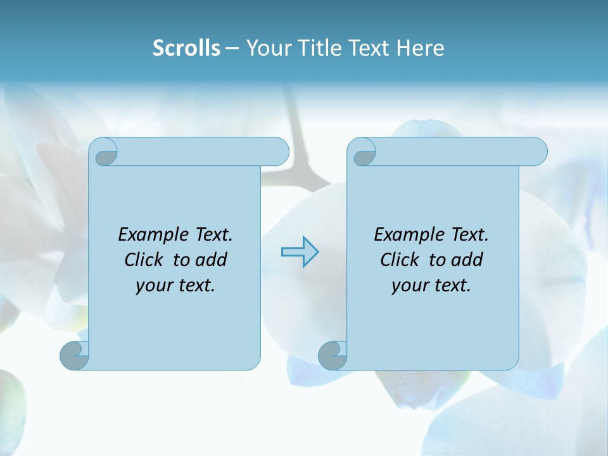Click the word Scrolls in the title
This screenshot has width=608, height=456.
click(186, 48)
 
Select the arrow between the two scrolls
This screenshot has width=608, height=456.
click(300, 252)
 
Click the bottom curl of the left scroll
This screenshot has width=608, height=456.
click(73, 355)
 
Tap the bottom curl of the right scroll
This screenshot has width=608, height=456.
click(332, 355)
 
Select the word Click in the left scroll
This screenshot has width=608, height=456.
click(144, 260)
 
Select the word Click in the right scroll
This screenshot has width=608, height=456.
click(400, 260)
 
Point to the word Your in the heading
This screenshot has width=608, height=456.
click(267, 48)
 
